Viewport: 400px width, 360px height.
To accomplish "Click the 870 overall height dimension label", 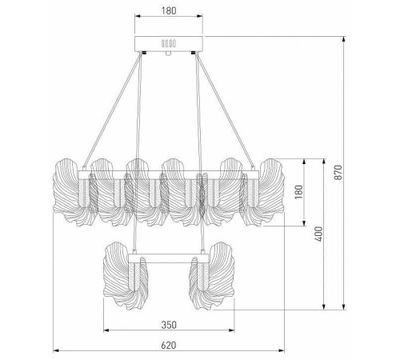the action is pos(338,173).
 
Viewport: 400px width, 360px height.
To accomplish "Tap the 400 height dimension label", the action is pos(318,234).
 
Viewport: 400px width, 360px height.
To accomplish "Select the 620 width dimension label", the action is pos(169,346).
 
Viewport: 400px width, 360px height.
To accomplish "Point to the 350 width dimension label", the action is pos(169,325).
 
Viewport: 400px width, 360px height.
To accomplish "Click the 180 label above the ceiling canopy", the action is pos(169,10).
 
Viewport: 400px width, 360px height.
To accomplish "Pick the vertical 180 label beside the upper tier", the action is pos(299,192).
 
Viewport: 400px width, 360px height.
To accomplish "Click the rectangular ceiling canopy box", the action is pos(169,43).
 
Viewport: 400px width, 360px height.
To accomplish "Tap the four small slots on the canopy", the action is pos(169,43).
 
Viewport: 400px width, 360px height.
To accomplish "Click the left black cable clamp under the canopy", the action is pos(143,53).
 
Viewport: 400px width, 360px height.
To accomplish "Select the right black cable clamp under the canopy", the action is pos(194,53).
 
